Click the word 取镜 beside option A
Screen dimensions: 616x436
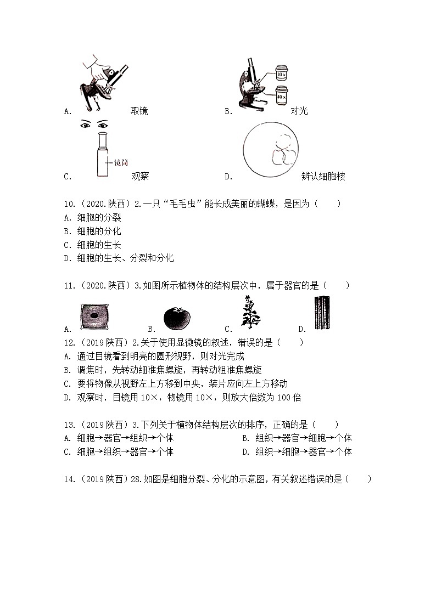(x=139, y=111)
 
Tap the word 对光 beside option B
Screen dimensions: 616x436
(x=299, y=111)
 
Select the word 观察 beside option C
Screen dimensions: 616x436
(x=140, y=177)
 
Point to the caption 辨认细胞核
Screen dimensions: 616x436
(x=323, y=177)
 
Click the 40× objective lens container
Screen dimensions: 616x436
(x=281, y=93)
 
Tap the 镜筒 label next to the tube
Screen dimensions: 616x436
(x=120, y=162)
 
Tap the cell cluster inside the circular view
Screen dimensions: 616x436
(x=283, y=149)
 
